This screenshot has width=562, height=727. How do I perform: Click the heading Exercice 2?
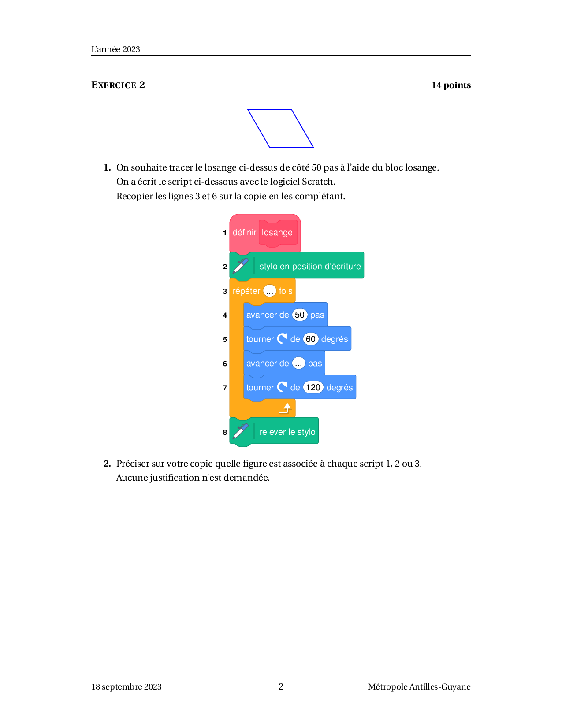pos(118,85)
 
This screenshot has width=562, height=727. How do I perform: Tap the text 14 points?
pos(451,85)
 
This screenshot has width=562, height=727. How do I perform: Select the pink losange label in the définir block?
pos(278,233)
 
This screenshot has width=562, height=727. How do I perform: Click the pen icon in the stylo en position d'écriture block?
pos(241,266)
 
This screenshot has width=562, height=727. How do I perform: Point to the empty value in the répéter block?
pos(269,291)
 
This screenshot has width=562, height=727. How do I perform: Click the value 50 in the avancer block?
pos(300,315)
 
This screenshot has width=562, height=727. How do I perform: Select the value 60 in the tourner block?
pos(310,339)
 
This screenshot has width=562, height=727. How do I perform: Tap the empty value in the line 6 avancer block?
pos(298,363)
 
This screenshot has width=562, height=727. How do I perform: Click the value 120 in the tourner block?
pos(313,387)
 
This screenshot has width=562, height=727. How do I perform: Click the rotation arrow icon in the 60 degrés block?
pos(282,339)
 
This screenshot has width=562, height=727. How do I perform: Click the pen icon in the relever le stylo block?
pos(241,432)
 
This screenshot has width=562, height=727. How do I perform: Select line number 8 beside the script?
pos(225,433)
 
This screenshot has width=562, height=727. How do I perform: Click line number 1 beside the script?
pos(225,233)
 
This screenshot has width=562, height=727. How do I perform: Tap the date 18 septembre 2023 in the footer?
pos(127,687)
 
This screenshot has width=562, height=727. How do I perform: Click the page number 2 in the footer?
pos(281,686)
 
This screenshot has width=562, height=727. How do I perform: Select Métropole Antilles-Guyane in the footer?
pos(419,687)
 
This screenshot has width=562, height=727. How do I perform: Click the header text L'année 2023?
pos(115,49)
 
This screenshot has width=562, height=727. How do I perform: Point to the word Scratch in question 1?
pos(318,182)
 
